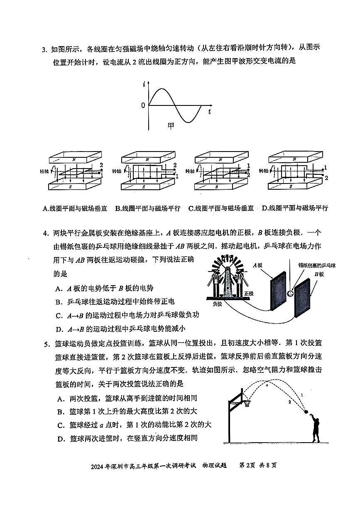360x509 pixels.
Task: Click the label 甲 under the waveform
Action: pos(171,125)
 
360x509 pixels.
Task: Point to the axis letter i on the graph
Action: pos(144,85)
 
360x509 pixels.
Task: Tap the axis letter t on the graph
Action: pos(210,112)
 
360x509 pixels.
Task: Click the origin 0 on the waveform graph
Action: pos(143,105)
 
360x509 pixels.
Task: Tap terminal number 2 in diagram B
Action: pos(175,165)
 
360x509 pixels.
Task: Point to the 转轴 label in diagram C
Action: pos(190,171)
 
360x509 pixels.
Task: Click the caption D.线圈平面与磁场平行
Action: pos(295,208)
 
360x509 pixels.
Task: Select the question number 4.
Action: pos(46,233)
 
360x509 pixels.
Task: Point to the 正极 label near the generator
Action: pos(249,293)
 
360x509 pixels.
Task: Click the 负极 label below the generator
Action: pos(218,303)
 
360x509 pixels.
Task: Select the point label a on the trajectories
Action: pos(267,385)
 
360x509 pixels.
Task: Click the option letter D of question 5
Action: pos(61,438)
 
